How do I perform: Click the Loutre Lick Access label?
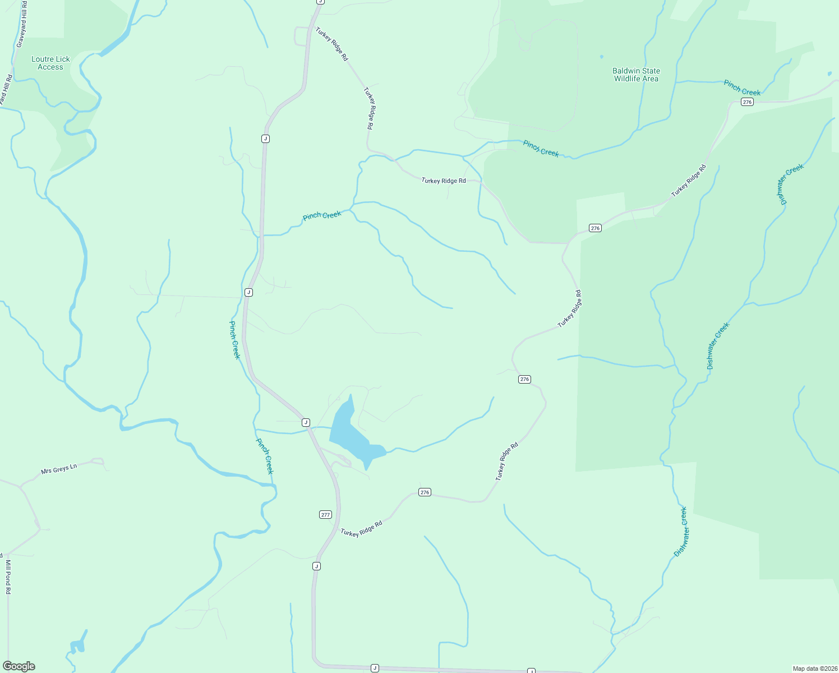(x=50, y=63)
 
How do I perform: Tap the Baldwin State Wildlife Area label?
(x=636, y=75)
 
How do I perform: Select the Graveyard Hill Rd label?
(x=22, y=25)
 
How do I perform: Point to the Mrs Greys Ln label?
(x=58, y=468)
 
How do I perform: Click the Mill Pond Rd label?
(x=8, y=577)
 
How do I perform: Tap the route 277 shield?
(x=325, y=514)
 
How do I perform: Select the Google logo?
(x=19, y=666)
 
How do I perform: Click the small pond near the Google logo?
(x=78, y=645)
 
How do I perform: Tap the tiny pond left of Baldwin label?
(x=602, y=57)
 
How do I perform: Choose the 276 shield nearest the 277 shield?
(x=425, y=492)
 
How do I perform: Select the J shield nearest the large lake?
(x=306, y=422)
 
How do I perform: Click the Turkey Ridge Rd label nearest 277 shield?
(x=361, y=529)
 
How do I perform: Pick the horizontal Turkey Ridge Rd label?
(x=443, y=181)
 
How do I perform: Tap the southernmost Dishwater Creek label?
(x=680, y=531)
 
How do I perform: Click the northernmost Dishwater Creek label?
(x=790, y=183)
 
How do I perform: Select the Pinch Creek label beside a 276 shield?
(x=741, y=88)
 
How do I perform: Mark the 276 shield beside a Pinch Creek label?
(x=746, y=102)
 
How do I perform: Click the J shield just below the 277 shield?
(x=316, y=566)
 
